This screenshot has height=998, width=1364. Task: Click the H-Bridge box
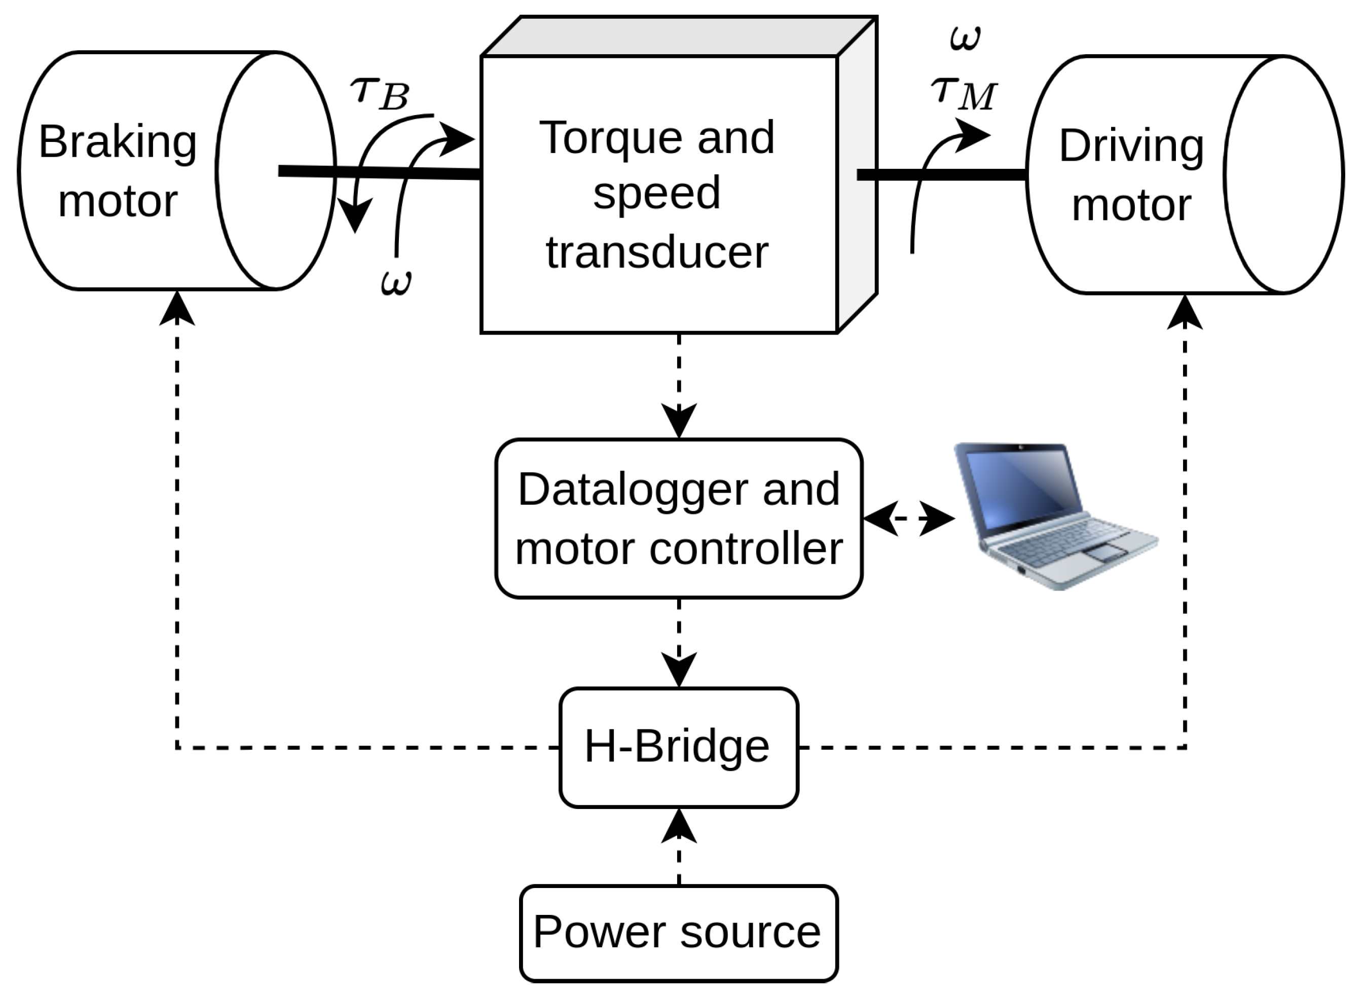pyautogui.click(x=679, y=748)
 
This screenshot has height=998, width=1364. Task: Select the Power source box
pyautogui.click(x=679, y=933)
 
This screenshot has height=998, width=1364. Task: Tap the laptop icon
pyautogui.click(x=1055, y=516)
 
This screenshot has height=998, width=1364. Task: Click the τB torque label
pyautogui.click(x=380, y=94)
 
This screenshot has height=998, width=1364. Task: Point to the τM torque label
pyautogui.click(x=964, y=94)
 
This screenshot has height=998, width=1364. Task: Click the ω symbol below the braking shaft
pyautogui.click(x=396, y=283)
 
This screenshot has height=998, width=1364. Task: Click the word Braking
pyautogui.click(x=118, y=144)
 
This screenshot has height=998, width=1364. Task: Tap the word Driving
pyautogui.click(x=1131, y=147)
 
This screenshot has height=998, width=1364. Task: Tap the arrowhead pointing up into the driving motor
pyautogui.click(x=1185, y=312)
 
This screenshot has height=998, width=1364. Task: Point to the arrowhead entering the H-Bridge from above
pyautogui.click(x=679, y=670)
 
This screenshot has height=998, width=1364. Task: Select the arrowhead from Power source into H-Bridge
pyautogui.click(x=679, y=826)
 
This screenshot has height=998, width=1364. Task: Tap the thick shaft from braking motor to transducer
pyautogui.click(x=379, y=173)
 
